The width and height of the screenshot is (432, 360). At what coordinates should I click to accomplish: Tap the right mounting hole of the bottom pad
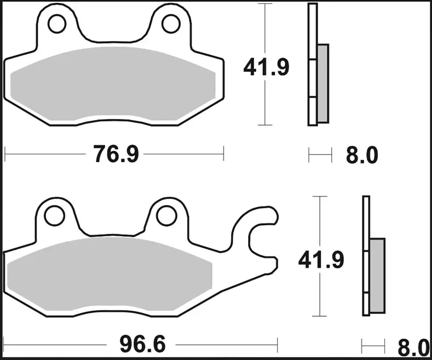(x=165, y=216)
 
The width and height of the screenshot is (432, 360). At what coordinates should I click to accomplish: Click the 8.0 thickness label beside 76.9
(x=362, y=156)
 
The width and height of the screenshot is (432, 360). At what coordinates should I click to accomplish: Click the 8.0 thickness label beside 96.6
(x=413, y=347)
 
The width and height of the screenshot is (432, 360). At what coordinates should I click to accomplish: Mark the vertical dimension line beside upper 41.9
(x=266, y=33)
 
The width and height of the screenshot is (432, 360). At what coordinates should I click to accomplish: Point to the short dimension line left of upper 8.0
(x=320, y=156)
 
